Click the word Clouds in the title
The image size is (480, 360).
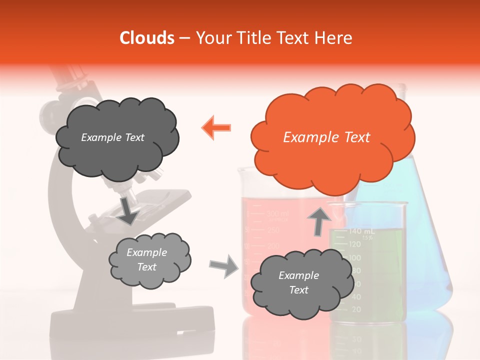pos(147,38)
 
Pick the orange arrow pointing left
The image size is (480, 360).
pos(216,128)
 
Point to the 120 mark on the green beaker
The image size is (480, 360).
pos(354,244)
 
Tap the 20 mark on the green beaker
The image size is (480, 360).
pos(356,310)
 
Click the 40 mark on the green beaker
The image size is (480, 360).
pos(356,297)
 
